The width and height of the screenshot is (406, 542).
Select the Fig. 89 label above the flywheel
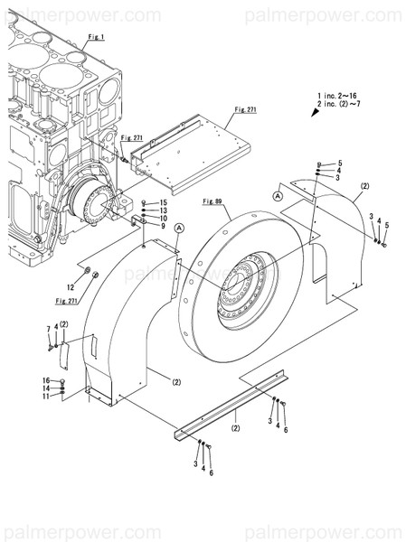213,199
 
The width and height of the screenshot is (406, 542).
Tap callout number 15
164,202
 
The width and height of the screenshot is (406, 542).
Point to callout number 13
164,210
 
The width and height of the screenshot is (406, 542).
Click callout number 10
164,218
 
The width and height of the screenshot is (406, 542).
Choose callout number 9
164,226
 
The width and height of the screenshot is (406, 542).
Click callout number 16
45,380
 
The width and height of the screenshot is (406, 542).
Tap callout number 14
45,388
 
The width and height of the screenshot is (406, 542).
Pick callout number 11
45,397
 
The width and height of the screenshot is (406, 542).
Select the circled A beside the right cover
278,195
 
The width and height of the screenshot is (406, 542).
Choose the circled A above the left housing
180,228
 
